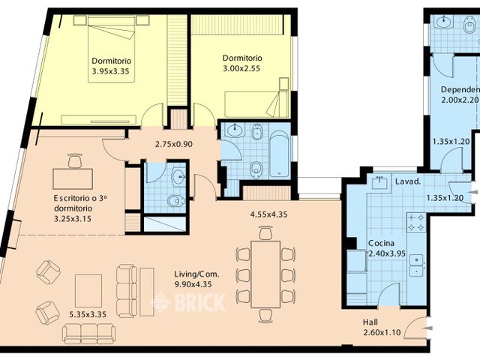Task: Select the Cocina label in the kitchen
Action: click(383, 244)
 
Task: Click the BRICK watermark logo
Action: click(188, 302)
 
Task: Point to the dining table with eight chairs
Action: click(265, 274)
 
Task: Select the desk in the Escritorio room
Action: click(73, 178)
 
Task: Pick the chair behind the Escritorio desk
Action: click(74, 160)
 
